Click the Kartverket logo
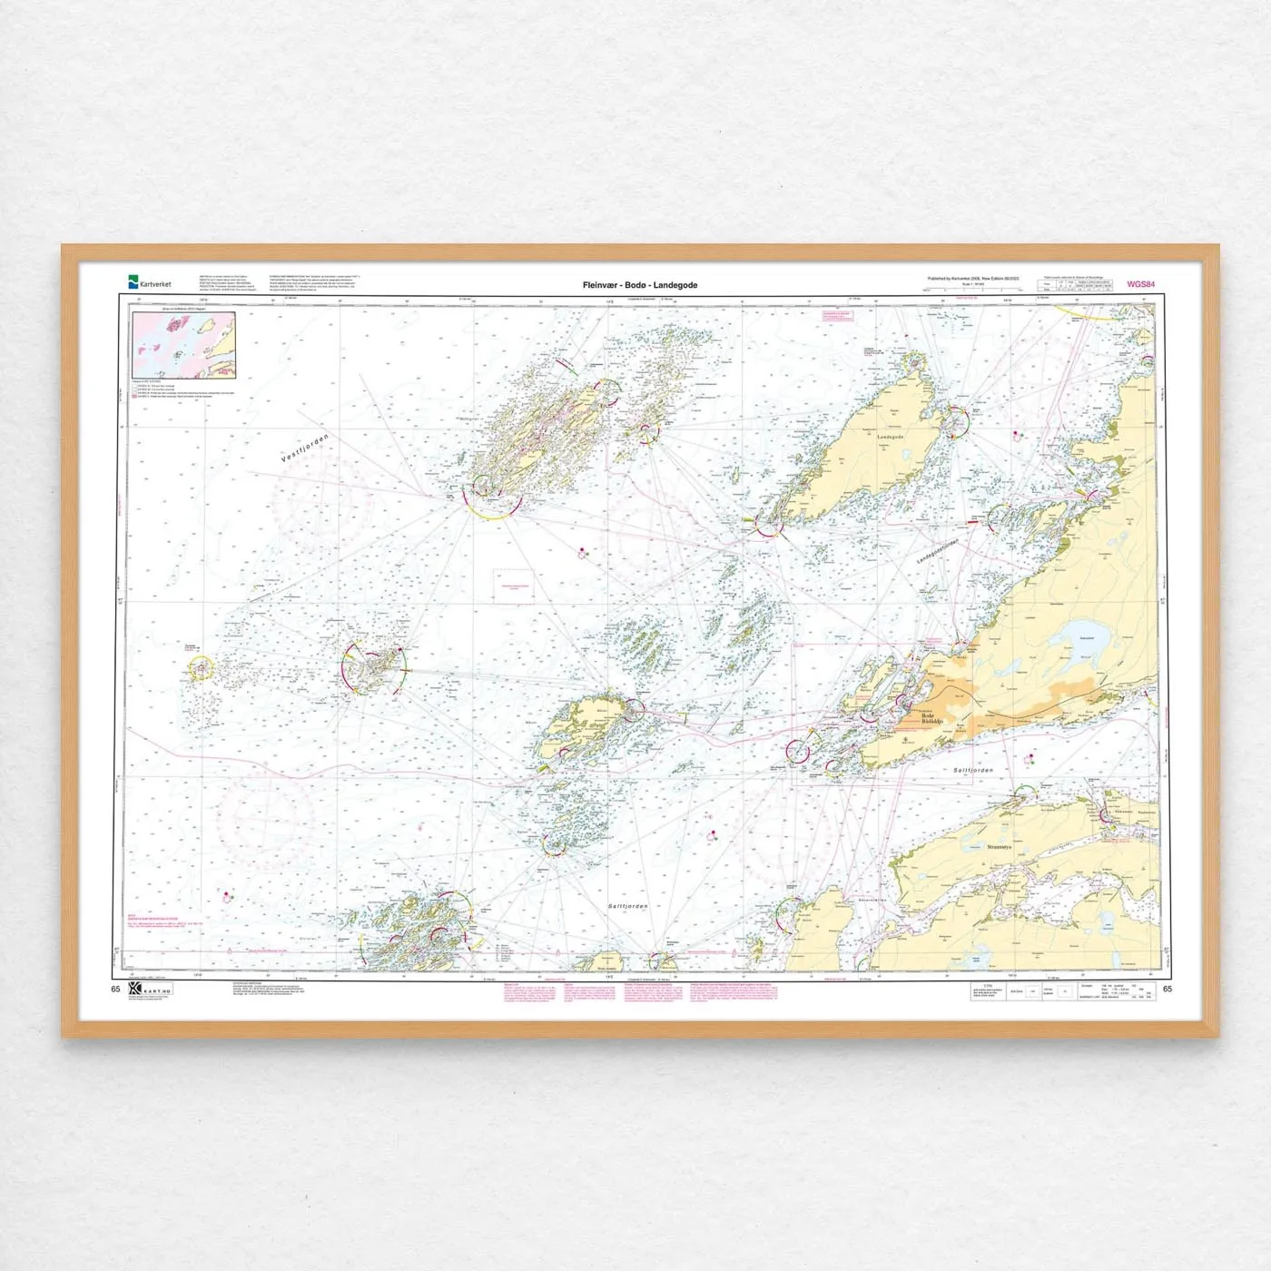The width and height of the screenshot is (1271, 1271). (150, 283)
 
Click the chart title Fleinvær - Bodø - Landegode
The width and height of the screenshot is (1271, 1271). (640, 285)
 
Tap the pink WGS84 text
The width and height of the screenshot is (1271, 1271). (1140, 284)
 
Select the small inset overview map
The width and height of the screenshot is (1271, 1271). (184, 346)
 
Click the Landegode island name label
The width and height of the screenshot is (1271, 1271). (890, 438)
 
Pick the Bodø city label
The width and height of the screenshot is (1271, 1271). (931, 717)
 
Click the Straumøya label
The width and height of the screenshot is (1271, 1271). (999, 846)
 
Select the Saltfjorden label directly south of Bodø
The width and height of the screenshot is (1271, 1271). (973, 770)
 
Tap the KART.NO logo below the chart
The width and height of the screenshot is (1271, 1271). (149, 990)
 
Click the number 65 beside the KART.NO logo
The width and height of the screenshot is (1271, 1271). (115, 989)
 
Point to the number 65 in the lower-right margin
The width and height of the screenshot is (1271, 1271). (1168, 989)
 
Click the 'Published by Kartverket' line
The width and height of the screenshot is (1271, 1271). (972, 279)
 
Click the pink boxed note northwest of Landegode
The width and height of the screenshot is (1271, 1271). (838, 317)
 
